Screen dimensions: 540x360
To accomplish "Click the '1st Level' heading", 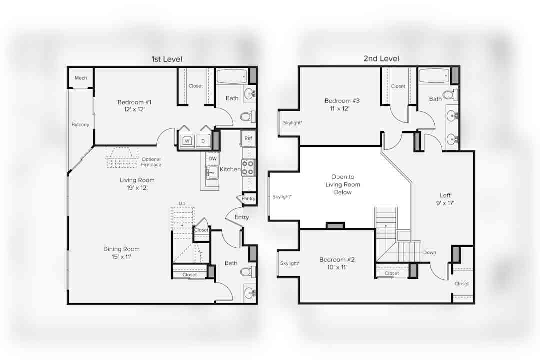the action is tap(167, 59).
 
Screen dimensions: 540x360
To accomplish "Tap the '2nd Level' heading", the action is tap(381, 59).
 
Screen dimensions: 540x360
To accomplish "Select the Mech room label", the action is tap(81, 78).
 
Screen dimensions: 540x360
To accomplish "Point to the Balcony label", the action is tap(80, 124).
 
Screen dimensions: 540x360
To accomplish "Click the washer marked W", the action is tap(187, 141).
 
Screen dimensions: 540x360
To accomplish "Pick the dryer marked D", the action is tap(203, 141).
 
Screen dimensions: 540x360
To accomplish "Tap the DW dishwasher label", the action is tap(213, 159).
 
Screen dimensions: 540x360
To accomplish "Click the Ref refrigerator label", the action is tap(248, 138).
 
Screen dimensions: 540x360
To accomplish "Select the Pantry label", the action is tap(248, 199).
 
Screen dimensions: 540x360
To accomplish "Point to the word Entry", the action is tap(242, 217).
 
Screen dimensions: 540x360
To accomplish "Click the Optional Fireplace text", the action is tap(151, 162).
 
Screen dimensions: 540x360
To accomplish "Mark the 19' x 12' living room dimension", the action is tap(137, 188).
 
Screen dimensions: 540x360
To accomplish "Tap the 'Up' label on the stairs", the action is tap(182, 203).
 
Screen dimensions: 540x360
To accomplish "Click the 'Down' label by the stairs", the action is tap(430, 252).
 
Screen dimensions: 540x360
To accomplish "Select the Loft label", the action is tap(445, 195).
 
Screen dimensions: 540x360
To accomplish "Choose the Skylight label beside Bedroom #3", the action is tap(292, 123).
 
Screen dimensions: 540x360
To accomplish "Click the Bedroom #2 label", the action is tap(337, 260).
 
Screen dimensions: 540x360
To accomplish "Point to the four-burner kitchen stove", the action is tap(248, 168).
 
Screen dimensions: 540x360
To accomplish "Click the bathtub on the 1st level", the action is tap(232, 76).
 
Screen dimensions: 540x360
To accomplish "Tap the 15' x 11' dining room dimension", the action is tap(121, 257).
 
